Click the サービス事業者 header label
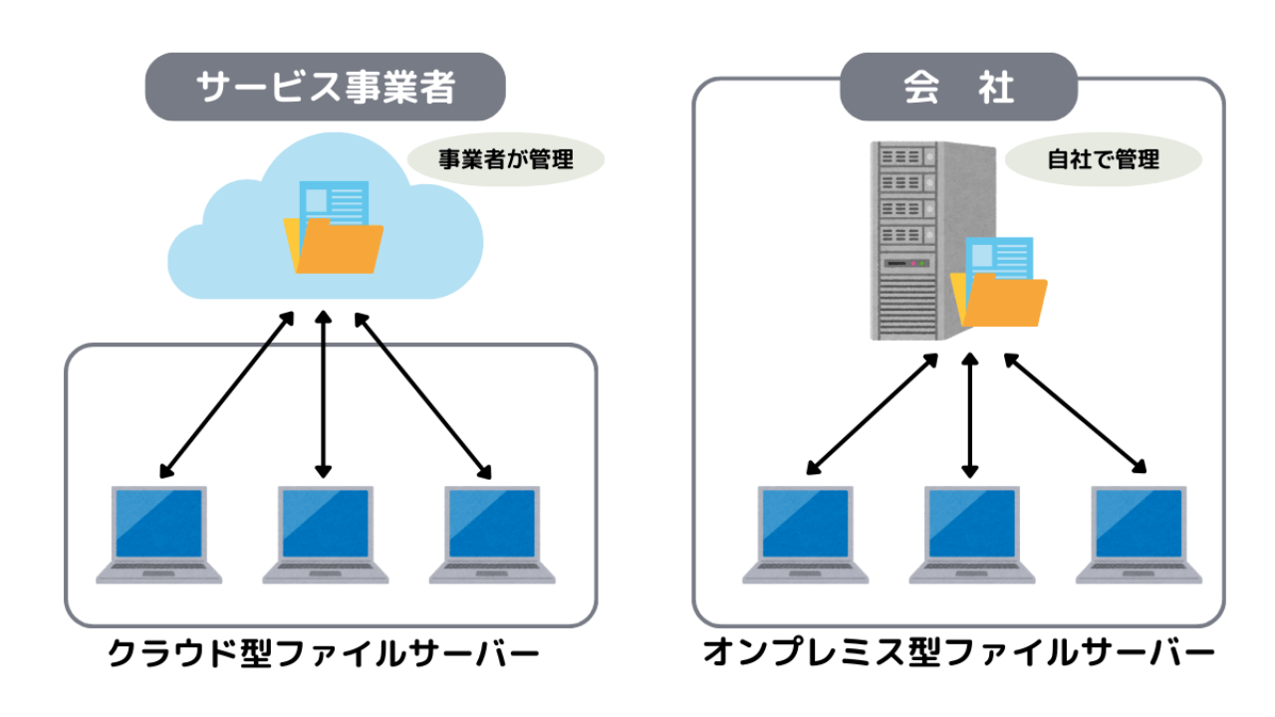326,88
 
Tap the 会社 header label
958,88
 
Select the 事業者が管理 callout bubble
506,158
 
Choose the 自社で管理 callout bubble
1104,158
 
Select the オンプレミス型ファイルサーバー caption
958,654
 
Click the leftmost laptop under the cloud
159,533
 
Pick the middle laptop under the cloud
325,533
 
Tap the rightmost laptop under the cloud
492,533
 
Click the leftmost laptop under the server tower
805,533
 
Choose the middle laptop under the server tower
971,533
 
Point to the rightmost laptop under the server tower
1139,533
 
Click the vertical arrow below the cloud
322,393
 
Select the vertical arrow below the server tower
970,413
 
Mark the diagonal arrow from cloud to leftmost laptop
227,394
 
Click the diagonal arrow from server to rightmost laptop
1075,412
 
